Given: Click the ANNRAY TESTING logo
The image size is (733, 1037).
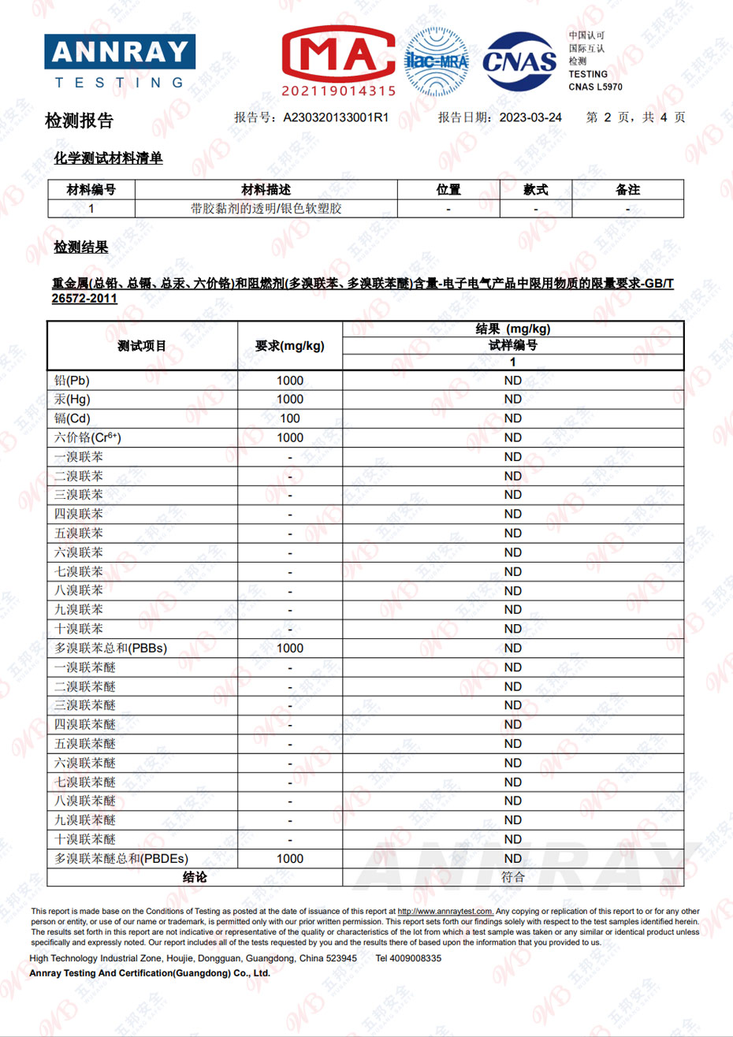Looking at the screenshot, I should (120, 61).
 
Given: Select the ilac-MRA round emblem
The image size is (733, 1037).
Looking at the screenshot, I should (436, 61).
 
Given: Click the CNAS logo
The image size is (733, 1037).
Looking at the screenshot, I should (519, 61).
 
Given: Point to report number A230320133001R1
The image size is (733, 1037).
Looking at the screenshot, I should (336, 117).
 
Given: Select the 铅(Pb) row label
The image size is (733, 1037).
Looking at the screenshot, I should (73, 381).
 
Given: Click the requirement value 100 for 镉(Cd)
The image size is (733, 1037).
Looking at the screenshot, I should (289, 418).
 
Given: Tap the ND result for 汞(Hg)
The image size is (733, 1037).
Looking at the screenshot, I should (512, 400).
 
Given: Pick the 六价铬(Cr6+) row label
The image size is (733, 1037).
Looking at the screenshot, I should (87, 438).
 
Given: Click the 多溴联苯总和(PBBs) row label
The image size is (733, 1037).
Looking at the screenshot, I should (110, 649).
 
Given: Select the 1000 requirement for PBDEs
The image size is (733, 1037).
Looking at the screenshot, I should (289, 859).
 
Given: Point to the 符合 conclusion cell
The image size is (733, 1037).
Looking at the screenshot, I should (512, 877).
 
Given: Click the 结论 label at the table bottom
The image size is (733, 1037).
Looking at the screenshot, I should (195, 877).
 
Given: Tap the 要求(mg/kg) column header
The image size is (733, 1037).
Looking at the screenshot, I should (289, 346).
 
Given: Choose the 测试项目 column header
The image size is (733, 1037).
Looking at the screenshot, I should (142, 346).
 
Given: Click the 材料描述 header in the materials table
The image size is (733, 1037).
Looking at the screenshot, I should (266, 190).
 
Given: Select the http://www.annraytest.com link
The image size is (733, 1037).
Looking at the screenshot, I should (445, 912).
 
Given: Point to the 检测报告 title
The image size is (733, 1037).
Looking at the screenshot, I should (79, 121).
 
